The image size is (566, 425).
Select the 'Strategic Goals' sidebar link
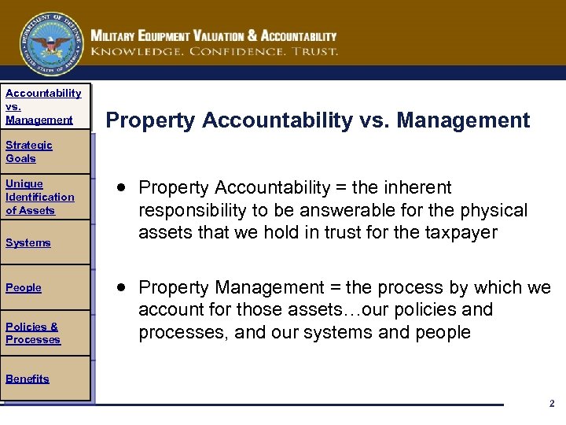coord(28,151)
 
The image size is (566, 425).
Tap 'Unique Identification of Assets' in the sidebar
coord(39,197)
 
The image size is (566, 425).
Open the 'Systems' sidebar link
coord(28,242)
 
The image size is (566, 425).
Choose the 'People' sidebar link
coord(24,287)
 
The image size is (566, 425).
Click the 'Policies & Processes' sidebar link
coord(32,333)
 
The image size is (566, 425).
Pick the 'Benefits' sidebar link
coord(27,379)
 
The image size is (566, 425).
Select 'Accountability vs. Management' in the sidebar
coord(42,106)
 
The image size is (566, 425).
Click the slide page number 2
coord(551,403)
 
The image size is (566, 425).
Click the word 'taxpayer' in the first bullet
coord(462,232)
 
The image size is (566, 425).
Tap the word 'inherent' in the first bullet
coord(423,187)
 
